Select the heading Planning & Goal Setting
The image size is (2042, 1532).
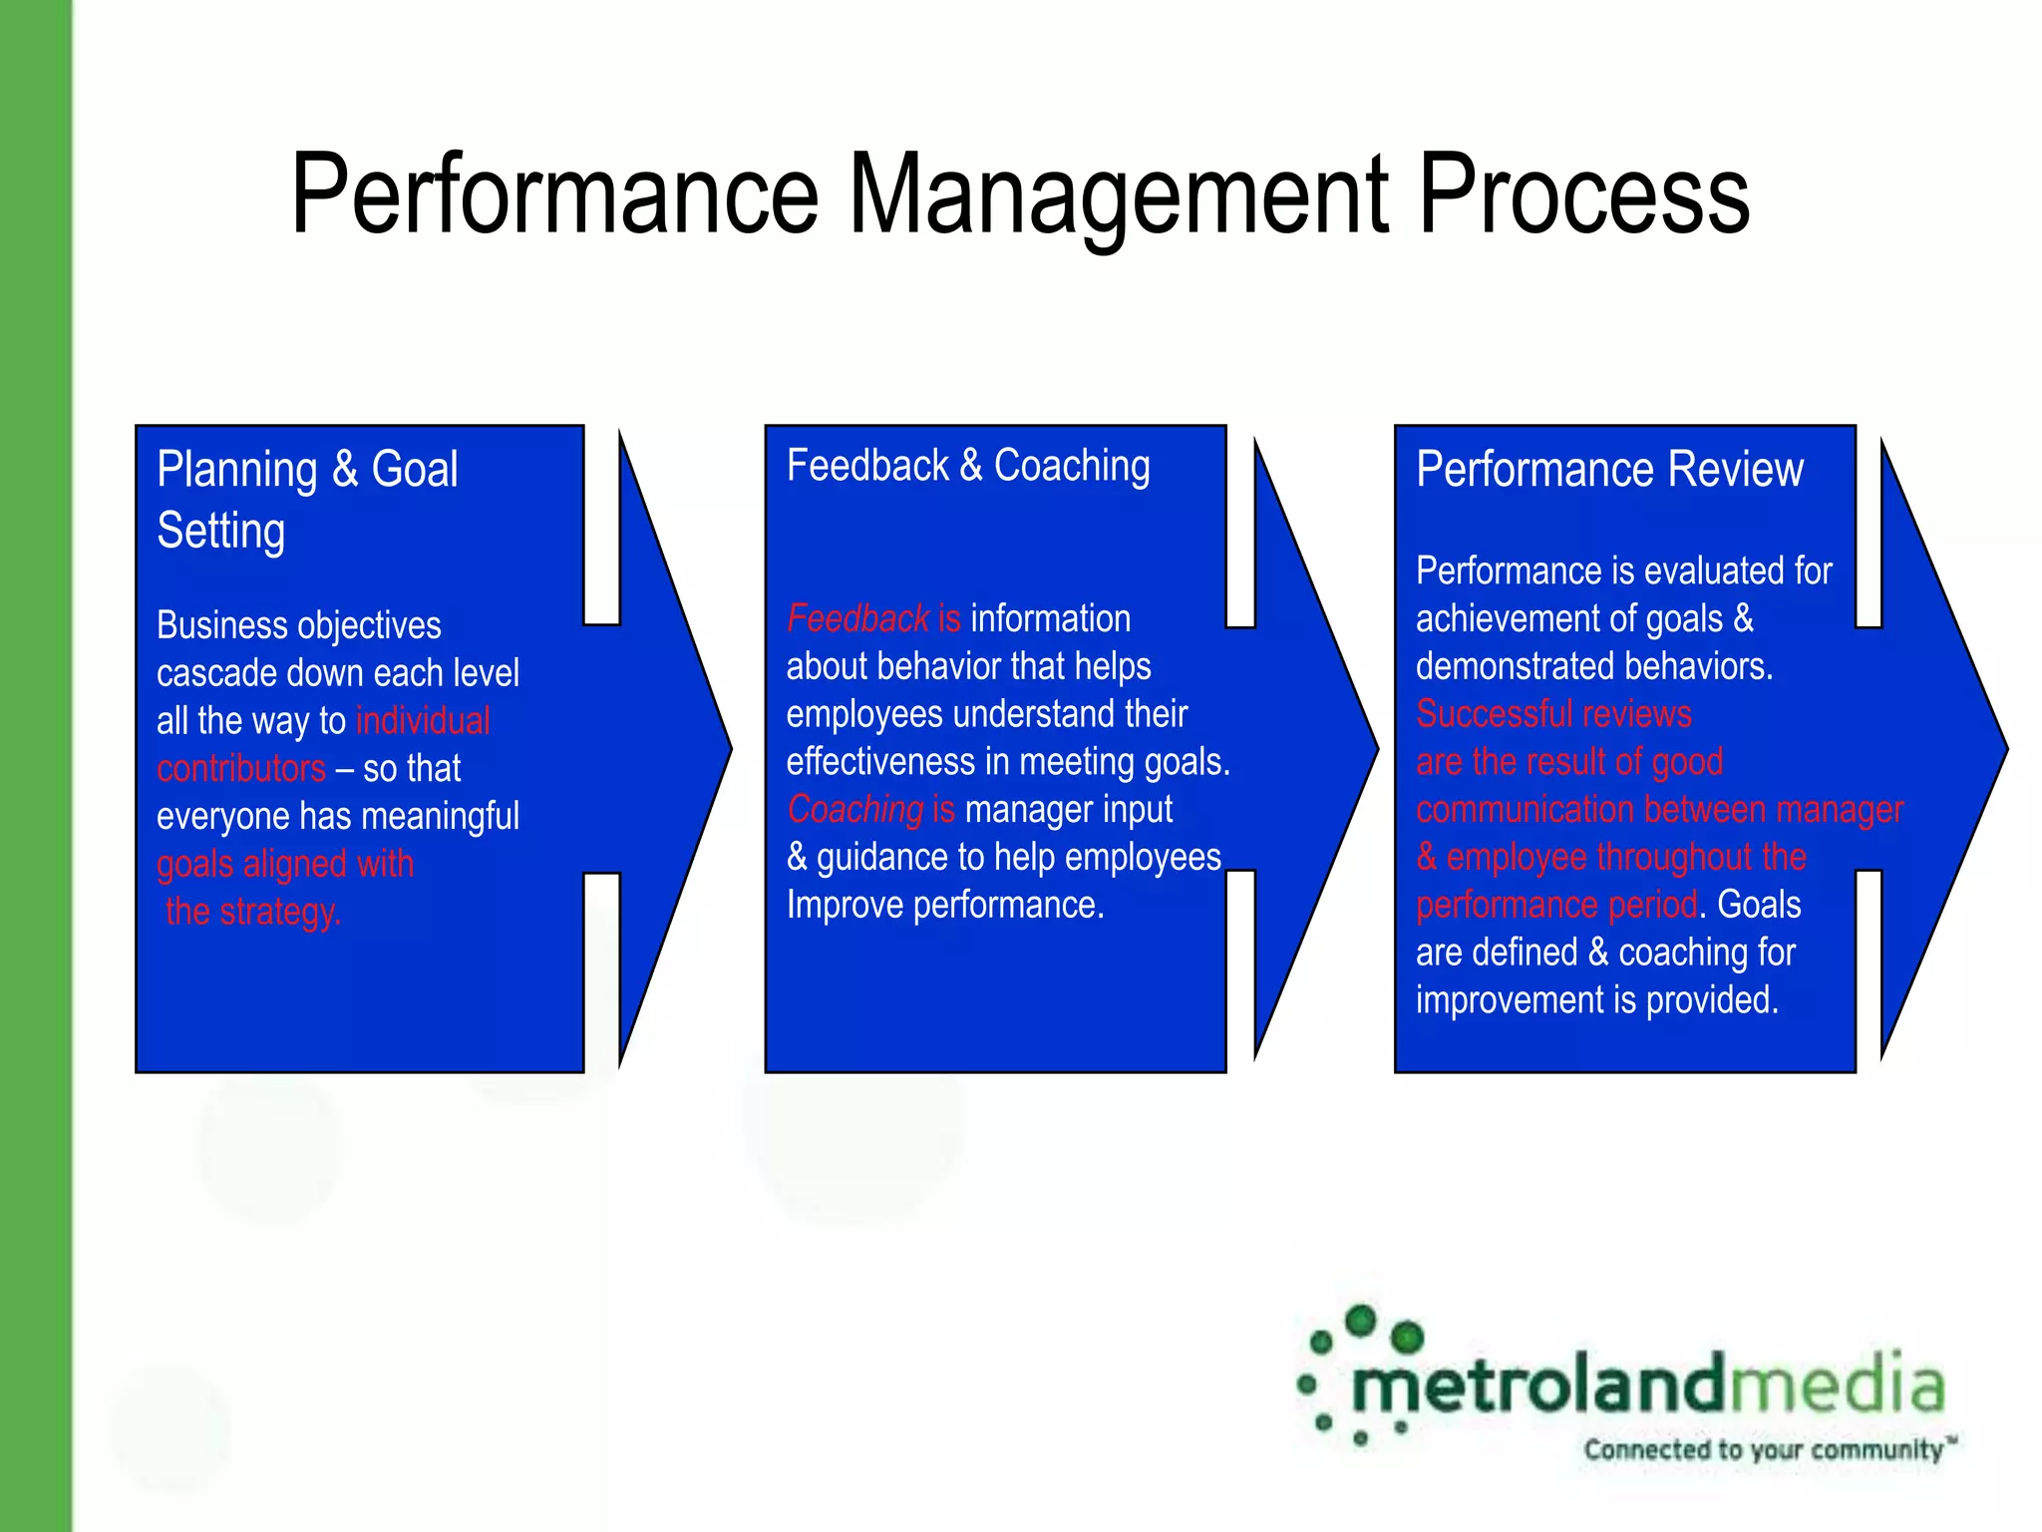[307, 499]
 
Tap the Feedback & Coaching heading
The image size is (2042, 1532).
[968, 466]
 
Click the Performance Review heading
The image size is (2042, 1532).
[1609, 469]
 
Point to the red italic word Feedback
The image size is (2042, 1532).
[857, 618]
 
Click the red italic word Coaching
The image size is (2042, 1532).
[855, 809]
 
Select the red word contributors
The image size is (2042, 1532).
[241, 768]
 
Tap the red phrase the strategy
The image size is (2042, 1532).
[253, 912]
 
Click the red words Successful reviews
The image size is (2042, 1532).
[1553, 714]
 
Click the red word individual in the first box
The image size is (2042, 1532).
[423, 720]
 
